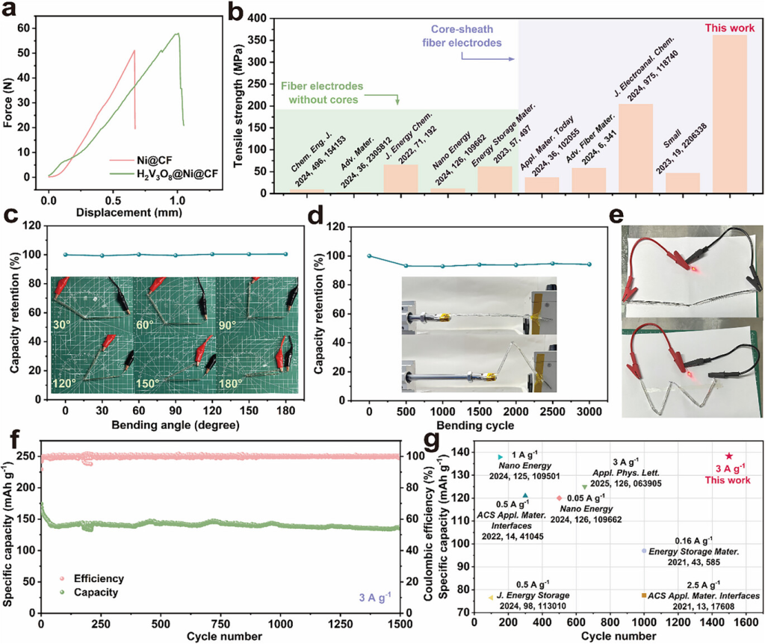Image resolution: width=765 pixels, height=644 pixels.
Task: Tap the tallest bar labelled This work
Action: pyautogui.click(x=729, y=116)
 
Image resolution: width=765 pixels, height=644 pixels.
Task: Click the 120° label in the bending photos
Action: pyautogui.click(x=66, y=383)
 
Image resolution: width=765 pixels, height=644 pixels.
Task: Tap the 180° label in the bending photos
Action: pyautogui.click(x=232, y=383)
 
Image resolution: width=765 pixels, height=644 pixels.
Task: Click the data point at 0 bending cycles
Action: pyautogui.click(x=369, y=256)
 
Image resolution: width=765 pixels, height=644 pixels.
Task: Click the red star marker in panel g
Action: pyautogui.click(x=729, y=456)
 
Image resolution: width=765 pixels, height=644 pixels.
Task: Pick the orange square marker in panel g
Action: pyautogui.click(x=644, y=595)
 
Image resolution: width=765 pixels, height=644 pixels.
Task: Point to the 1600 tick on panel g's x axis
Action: pyautogui.click(x=746, y=622)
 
